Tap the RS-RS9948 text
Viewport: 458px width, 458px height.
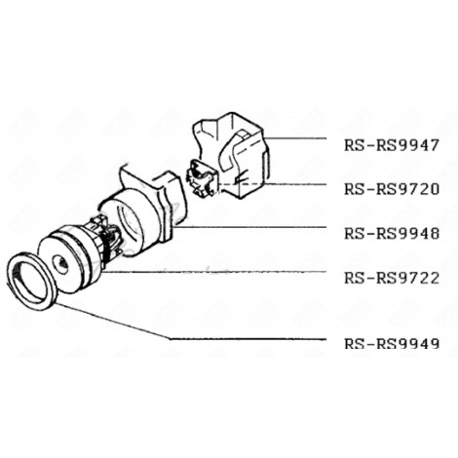coord(391,234)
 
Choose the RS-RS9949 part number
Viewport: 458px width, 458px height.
coord(391,343)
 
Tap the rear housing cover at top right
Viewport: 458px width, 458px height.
coord(234,146)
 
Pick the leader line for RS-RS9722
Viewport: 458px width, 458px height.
coord(224,273)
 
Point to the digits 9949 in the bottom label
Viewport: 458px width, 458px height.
coord(417,343)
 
